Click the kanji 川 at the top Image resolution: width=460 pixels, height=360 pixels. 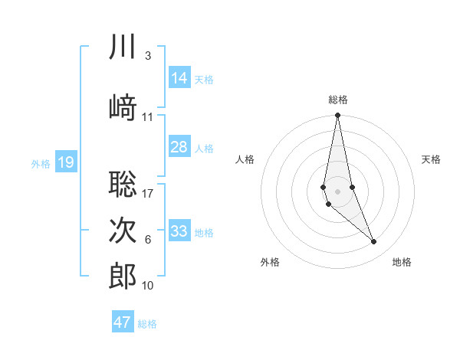tap(123, 47)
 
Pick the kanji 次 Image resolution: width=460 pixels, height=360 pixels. tap(123, 231)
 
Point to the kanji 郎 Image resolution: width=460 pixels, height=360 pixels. tap(123, 277)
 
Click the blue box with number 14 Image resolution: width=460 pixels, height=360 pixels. tap(179, 78)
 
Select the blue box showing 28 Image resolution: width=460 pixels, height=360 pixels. tap(179, 147)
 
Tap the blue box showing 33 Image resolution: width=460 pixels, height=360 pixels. tap(179, 231)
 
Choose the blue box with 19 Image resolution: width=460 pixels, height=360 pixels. tap(66, 162)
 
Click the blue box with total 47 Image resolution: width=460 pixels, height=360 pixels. tap(123, 322)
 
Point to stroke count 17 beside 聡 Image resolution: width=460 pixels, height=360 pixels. tap(148, 193)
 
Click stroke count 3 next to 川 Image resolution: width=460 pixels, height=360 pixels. tap(147, 56)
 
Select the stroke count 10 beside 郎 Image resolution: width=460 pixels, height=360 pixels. tap(148, 286)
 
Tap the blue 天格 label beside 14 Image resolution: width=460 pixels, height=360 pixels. tap(204, 79)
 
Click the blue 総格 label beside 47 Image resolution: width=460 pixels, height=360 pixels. tap(147, 324)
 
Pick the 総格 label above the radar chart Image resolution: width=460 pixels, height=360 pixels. tap(338, 100)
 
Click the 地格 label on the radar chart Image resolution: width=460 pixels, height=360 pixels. tap(402, 262)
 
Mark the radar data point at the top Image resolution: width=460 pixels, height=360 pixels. tap(337, 116)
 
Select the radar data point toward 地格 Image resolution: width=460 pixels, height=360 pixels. tap(374, 242)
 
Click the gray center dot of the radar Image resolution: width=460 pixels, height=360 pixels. tap(337, 190)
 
